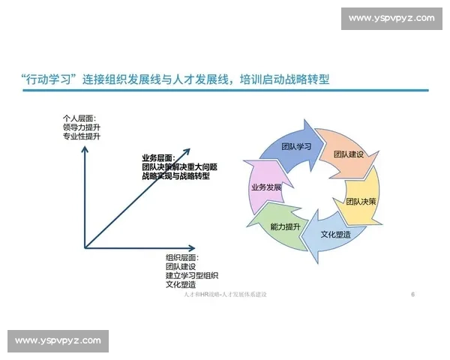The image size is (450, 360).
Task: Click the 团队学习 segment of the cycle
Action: click(x=295, y=146)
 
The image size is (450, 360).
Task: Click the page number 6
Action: click(x=413, y=295)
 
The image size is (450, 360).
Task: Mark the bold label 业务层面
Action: click(x=157, y=158)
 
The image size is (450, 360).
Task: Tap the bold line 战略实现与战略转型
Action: click(x=175, y=176)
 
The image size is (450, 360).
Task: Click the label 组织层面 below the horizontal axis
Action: click(x=181, y=257)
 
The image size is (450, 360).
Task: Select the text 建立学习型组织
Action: click(x=192, y=275)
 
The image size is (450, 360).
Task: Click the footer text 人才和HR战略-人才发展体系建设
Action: click(x=225, y=295)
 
